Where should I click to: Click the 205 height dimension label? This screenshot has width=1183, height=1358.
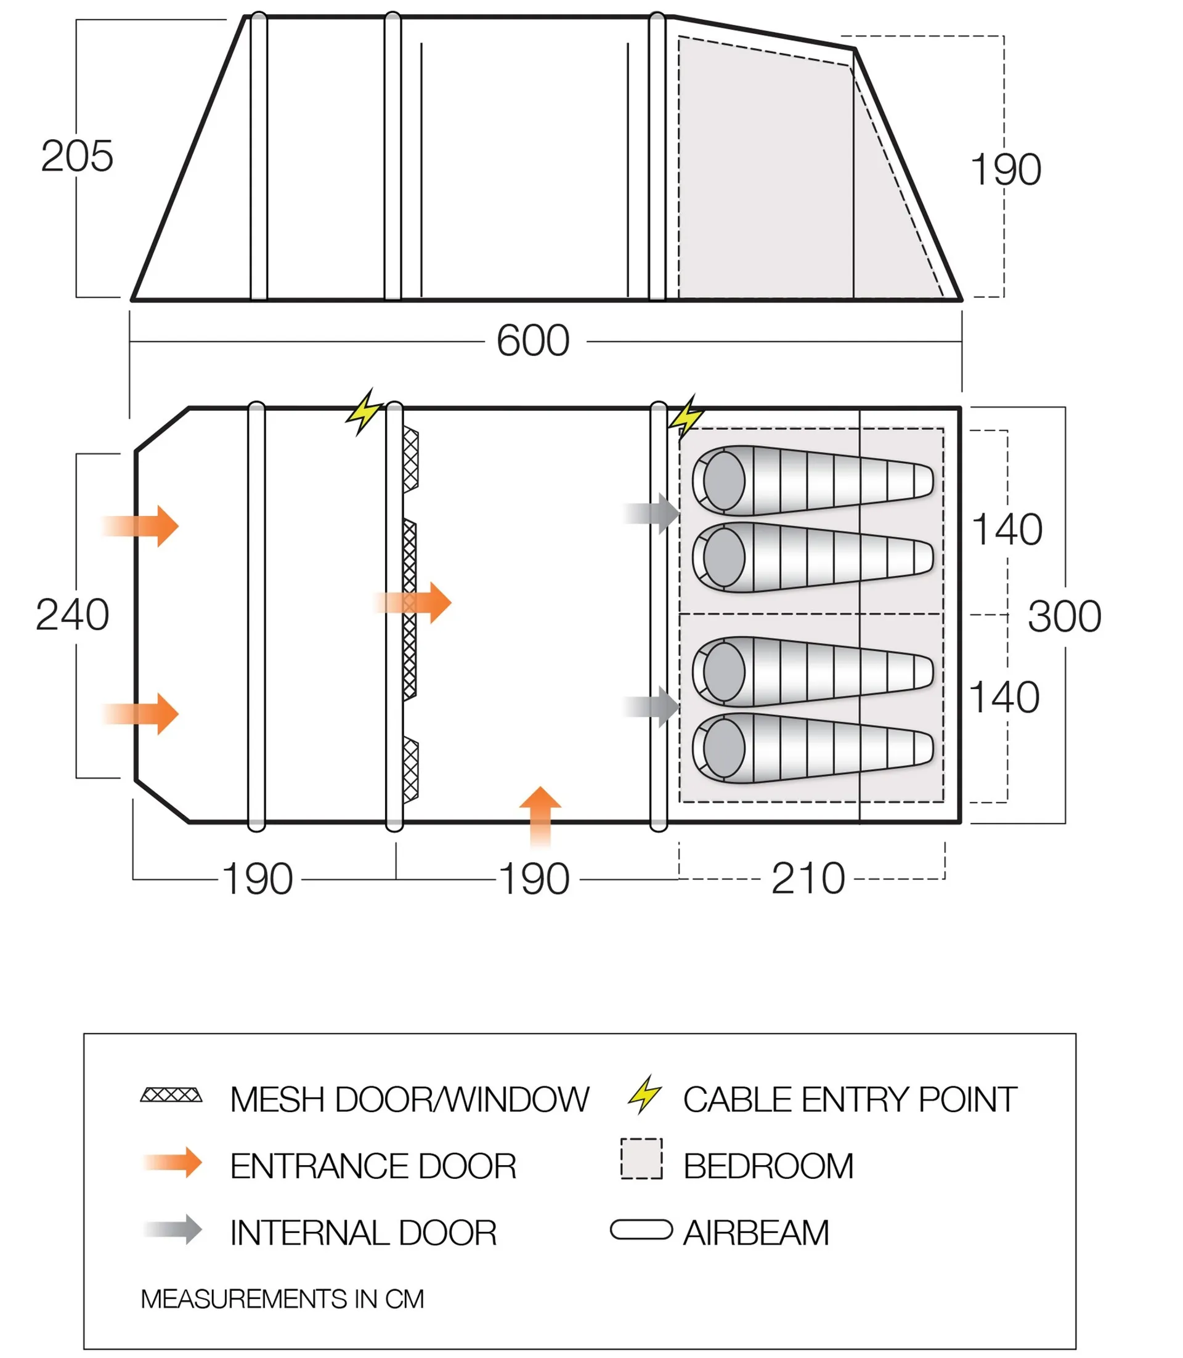[x=76, y=156]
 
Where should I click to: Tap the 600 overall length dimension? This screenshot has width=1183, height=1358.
[x=533, y=341]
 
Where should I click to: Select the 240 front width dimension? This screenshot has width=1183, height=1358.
[x=72, y=615]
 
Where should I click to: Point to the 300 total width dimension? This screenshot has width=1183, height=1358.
[x=1064, y=617]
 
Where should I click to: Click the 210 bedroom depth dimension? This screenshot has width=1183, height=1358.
[x=807, y=879]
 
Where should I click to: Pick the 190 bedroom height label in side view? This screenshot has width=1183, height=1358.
[x=1005, y=169]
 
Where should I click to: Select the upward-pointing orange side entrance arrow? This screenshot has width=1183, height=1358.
[x=540, y=815]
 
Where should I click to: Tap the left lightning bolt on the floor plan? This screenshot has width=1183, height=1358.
[x=364, y=412]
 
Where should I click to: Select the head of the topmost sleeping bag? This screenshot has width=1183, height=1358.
[x=723, y=481]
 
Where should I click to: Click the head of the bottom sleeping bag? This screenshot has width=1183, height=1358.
[x=723, y=748]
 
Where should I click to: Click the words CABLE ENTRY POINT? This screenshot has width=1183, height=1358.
[x=850, y=1100]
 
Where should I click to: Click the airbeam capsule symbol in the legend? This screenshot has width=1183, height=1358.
[x=641, y=1230]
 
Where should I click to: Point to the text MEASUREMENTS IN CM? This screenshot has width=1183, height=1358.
[x=282, y=1299]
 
